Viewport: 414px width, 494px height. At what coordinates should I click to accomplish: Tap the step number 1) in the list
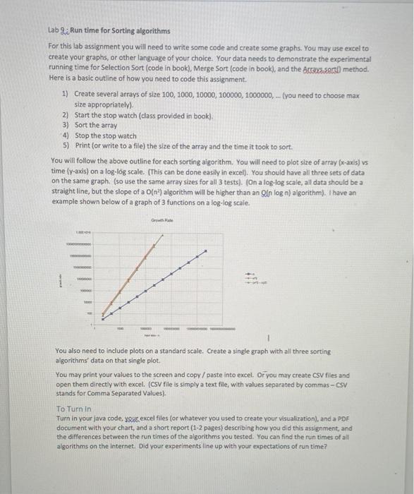[66, 94]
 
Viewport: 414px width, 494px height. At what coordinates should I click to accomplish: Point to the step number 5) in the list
[66, 145]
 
